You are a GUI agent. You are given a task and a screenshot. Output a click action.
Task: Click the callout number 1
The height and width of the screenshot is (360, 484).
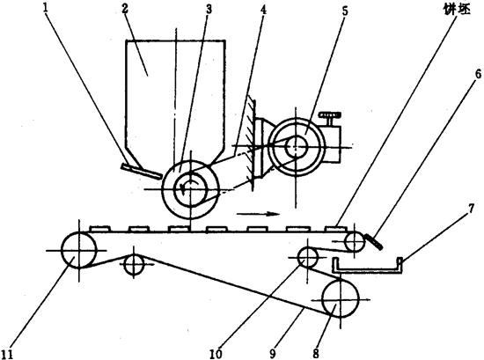(47, 7)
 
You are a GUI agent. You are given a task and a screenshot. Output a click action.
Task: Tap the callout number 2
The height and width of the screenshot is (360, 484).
(124, 7)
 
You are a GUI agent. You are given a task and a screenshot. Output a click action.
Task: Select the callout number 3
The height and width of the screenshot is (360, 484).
(209, 9)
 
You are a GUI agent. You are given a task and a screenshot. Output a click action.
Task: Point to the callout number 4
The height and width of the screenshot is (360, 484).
(263, 10)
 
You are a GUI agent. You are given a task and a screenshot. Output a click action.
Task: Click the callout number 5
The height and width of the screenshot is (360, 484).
(346, 11)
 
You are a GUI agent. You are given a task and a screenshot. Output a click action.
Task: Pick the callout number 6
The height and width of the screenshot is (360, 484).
(478, 74)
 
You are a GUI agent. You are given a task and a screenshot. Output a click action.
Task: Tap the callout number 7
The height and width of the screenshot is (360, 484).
(471, 209)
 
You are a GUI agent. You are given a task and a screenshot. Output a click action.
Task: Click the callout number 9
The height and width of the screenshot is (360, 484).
(273, 354)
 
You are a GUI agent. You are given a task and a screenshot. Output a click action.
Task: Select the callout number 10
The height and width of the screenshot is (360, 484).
(216, 354)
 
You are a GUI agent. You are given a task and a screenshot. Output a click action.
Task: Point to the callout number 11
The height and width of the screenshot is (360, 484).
(7, 355)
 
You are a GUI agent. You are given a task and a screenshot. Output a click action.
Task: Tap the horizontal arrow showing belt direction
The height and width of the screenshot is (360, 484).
(258, 214)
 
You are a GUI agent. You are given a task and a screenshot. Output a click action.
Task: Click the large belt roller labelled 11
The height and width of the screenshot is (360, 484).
(79, 250)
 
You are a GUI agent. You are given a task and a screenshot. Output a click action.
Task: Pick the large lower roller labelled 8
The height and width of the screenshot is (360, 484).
(341, 299)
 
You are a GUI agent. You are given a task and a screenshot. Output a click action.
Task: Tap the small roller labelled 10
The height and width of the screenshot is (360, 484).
(308, 257)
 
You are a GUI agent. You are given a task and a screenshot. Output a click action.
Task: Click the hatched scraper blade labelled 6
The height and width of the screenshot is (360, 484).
(374, 241)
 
